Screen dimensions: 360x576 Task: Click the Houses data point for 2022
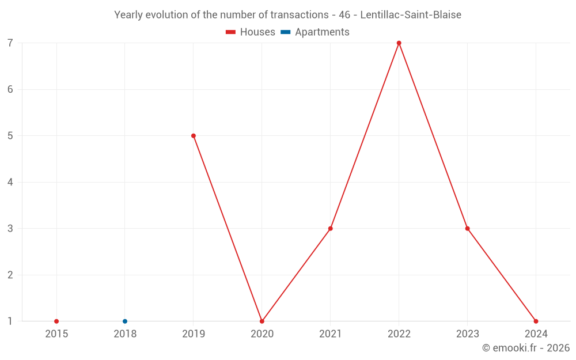click(x=399, y=43)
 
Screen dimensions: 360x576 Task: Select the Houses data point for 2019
click(x=194, y=136)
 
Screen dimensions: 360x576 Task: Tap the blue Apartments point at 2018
click(x=125, y=321)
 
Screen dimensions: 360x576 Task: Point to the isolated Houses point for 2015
click(x=56, y=321)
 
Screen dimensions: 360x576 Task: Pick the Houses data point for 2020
click(x=262, y=321)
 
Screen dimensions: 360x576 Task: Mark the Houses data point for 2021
click(x=331, y=229)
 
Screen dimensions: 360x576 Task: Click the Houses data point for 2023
click(x=467, y=229)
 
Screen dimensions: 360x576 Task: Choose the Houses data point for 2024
click(x=536, y=321)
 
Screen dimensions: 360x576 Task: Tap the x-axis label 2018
click(x=125, y=334)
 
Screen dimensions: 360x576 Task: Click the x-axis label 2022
click(x=399, y=334)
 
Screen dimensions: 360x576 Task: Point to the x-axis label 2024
click(x=536, y=334)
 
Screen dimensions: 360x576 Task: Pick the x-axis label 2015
click(x=56, y=334)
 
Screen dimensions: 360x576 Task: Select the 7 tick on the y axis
click(x=10, y=43)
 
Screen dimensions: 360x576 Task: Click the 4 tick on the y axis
click(x=10, y=183)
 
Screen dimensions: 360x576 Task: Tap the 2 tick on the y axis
click(x=10, y=275)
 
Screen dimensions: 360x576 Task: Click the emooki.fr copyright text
click(x=525, y=348)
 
